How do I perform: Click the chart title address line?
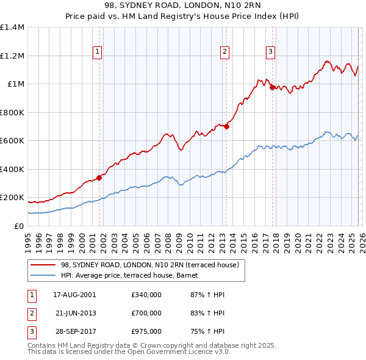(x=183, y=5)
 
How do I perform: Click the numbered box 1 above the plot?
(x=98, y=52)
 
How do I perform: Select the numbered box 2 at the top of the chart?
(x=225, y=52)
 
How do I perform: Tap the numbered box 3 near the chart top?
(x=270, y=52)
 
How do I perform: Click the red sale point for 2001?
(x=99, y=178)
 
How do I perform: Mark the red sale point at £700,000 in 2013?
(x=226, y=127)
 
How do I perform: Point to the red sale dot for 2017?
(x=272, y=87)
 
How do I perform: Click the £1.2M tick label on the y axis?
(x=12, y=56)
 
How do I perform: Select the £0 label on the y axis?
(x=18, y=226)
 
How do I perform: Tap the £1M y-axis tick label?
(x=16, y=84)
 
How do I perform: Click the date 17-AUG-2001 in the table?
(x=74, y=295)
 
